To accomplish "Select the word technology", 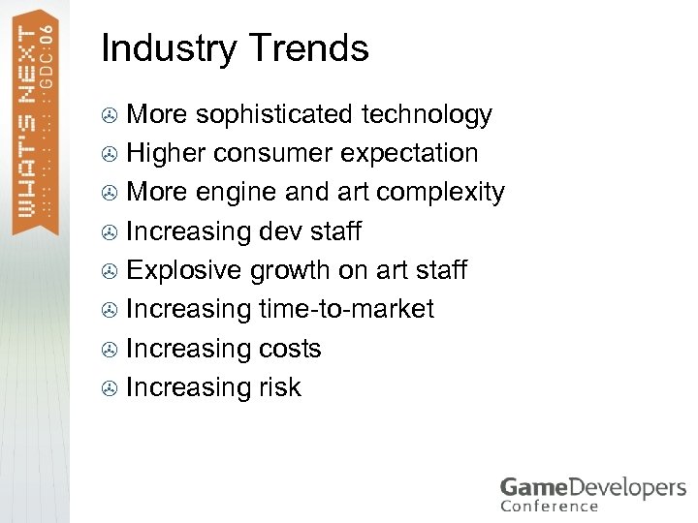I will click(x=427, y=115).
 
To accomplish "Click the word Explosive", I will click(x=184, y=270).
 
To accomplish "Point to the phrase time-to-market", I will click(x=346, y=309).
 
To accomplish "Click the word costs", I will click(x=289, y=348).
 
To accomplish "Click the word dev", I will click(x=281, y=231).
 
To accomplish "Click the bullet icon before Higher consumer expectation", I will click(x=111, y=155).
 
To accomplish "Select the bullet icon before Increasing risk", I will click(x=111, y=388).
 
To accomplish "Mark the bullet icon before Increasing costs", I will click(x=111, y=350).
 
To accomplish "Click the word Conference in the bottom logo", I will click(x=550, y=506).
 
